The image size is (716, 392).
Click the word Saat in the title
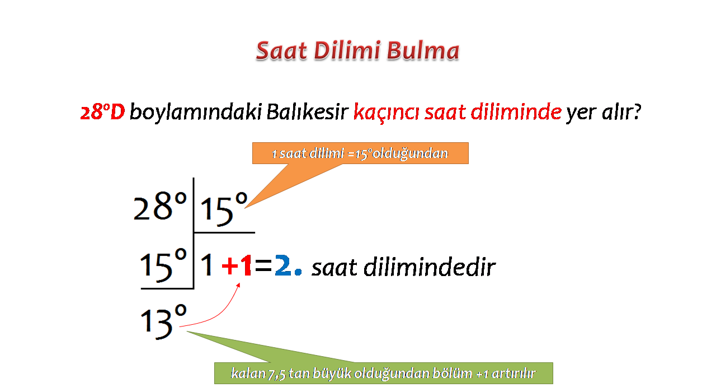(281, 51)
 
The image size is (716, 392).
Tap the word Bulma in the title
(423, 51)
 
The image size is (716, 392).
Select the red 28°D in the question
(102, 112)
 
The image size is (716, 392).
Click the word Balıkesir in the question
(307, 112)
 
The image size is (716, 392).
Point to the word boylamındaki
(196, 112)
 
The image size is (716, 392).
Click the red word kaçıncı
(386, 113)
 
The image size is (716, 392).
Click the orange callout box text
(360, 153)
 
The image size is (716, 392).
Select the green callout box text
(383, 374)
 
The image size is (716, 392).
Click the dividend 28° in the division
(160, 207)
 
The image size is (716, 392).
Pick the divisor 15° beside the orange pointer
(224, 209)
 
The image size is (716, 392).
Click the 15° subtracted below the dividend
(163, 265)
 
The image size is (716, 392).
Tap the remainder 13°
(163, 322)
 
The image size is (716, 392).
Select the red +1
(237, 265)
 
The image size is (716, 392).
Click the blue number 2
(283, 265)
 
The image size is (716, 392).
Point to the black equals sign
(263, 265)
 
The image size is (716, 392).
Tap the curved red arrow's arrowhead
(238, 285)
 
